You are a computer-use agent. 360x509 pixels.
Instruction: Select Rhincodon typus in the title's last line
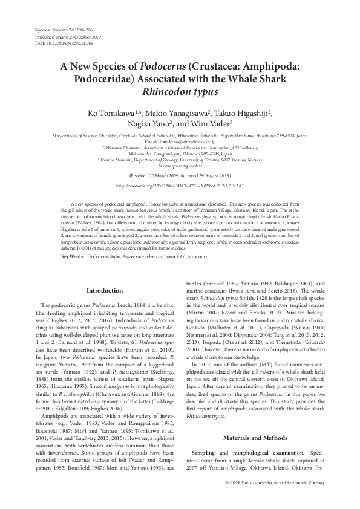[180, 93]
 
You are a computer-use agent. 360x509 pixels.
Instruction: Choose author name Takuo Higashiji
[243, 112]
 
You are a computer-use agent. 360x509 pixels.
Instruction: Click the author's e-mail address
[180, 143]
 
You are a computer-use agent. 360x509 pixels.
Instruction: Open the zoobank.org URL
[180, 186]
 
